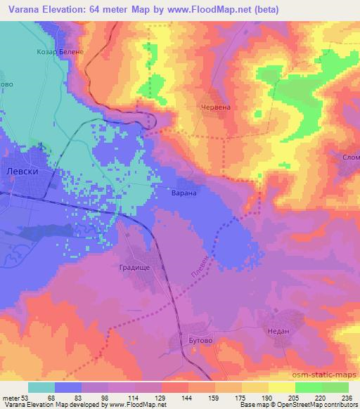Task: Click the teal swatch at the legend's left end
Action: (x=41, y=387)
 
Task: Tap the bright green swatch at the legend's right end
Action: (x=335, y=387)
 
